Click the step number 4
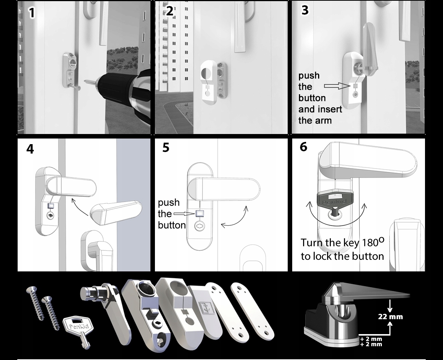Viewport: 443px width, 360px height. click(30, 149)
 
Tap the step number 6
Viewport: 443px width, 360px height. click(303, 147)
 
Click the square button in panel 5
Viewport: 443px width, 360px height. click(199, 214)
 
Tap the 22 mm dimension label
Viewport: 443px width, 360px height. click(390, 316)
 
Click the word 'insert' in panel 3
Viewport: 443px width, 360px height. click(330, 109)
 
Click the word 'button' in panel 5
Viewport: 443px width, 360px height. click(172, 225)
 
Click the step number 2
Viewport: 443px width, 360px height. click(170, 11)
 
